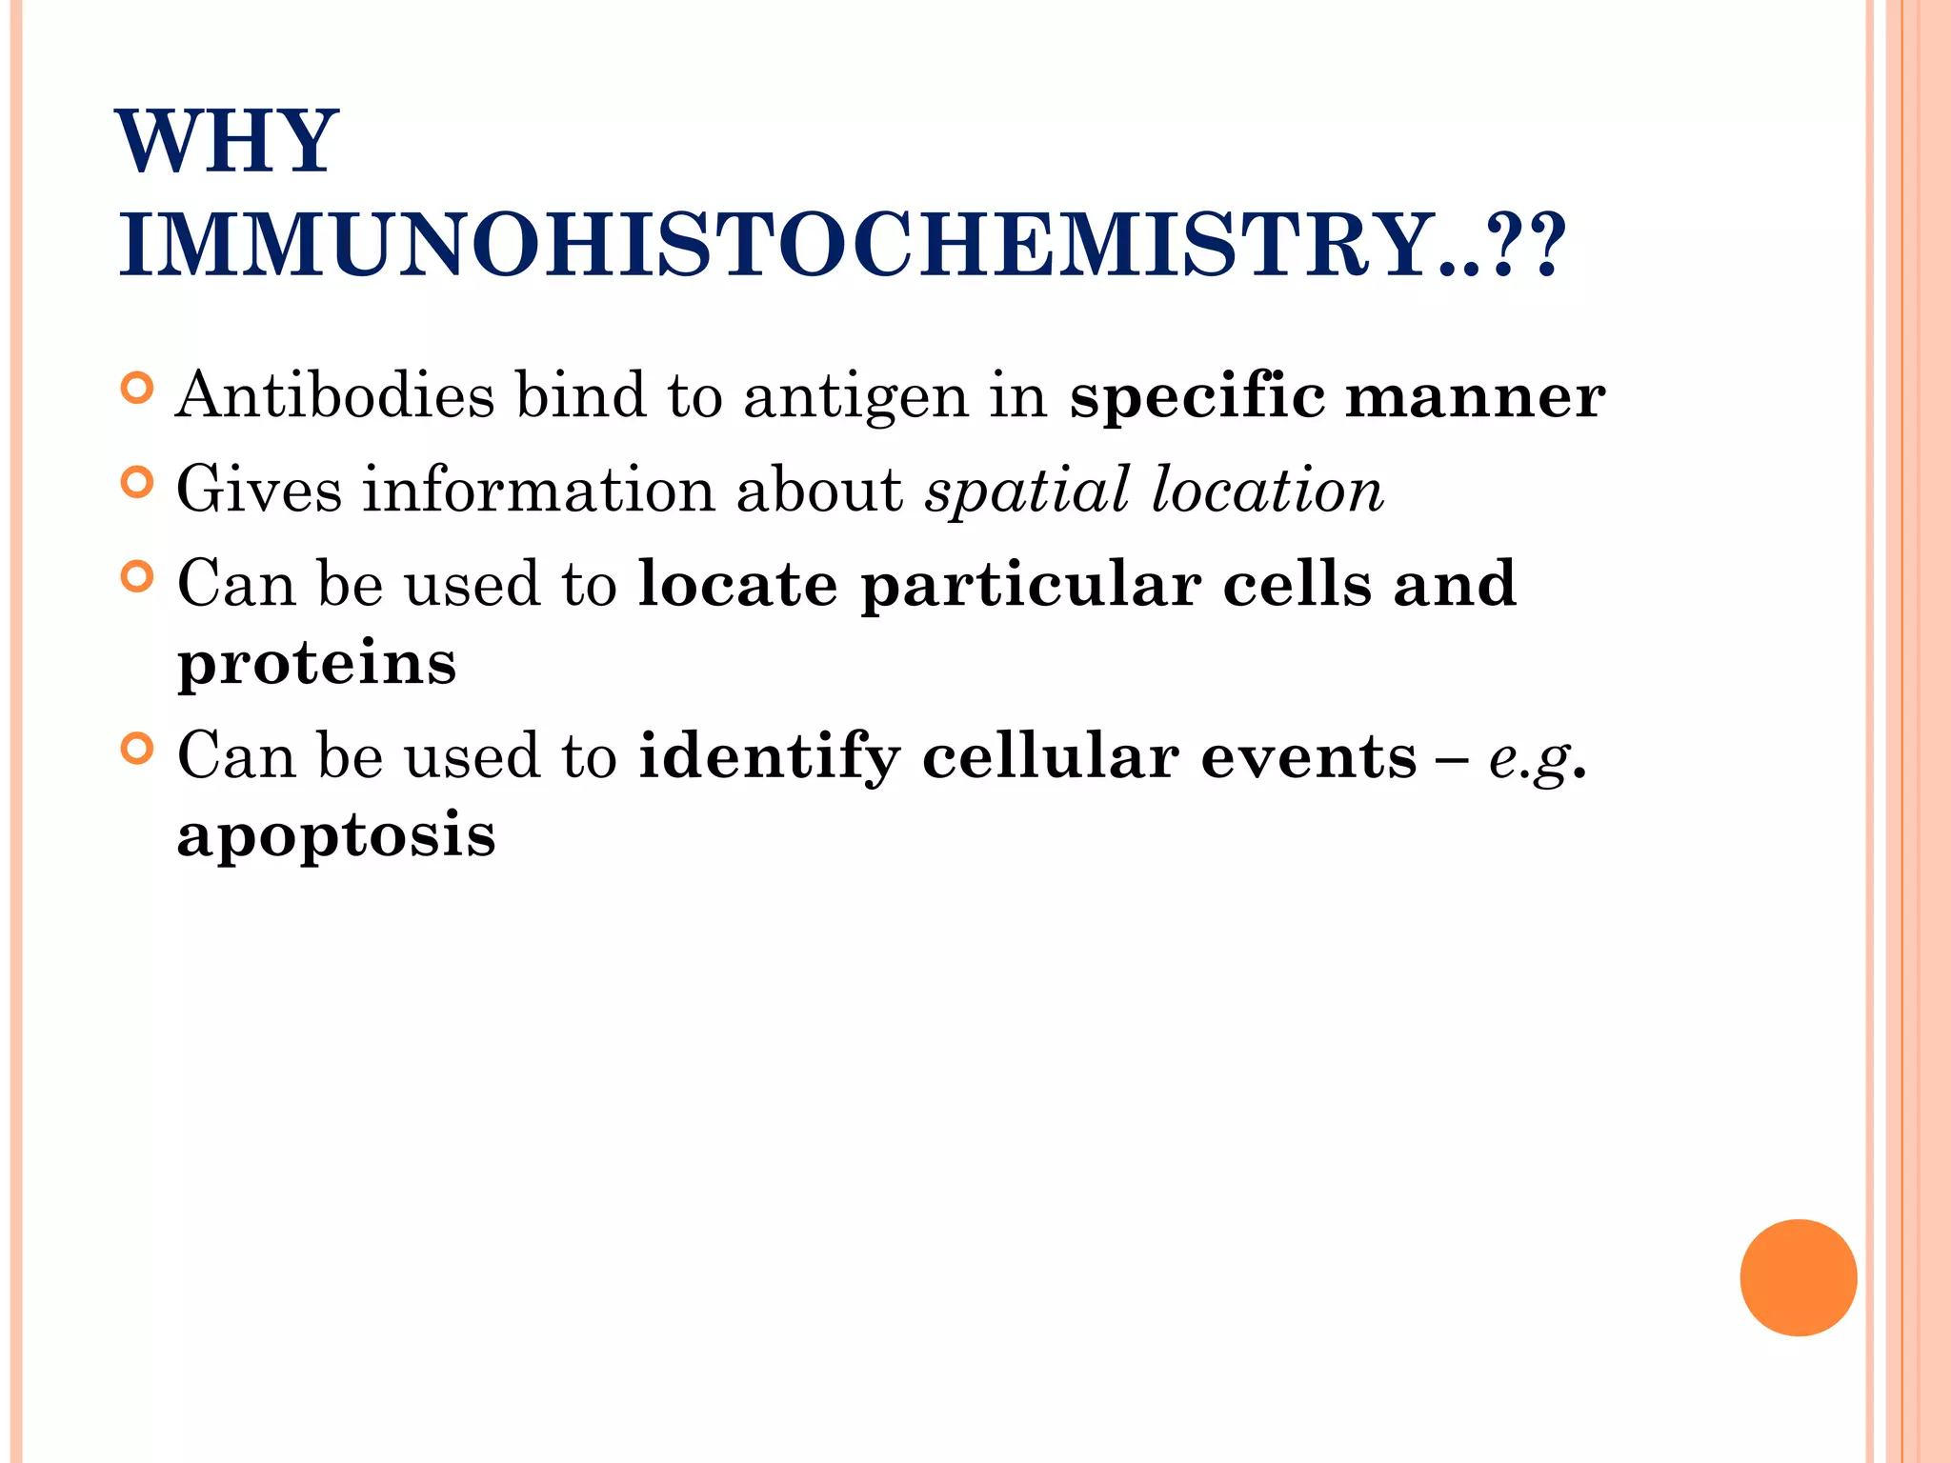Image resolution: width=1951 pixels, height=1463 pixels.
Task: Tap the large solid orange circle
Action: coord(1798,1277)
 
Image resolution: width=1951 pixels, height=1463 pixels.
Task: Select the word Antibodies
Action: coord(335,394)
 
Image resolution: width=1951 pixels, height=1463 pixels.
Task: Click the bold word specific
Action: coord(1197,394)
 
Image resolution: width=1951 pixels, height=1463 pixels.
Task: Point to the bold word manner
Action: coord(1475,396)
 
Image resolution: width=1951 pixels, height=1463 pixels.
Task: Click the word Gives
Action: coord(259,490)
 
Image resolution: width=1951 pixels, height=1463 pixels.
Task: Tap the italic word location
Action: coord(1267,490)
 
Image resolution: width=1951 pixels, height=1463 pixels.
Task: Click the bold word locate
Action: coord(737,584)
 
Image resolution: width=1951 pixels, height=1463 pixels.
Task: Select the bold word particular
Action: coord(1031,586)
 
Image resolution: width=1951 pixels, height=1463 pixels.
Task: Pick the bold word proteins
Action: coord(317,663)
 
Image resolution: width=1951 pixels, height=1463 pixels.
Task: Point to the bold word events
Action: coord(1309,757)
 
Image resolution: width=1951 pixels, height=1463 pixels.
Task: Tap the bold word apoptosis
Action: coord(336,835)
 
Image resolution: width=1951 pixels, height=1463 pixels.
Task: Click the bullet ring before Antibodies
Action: coord(138,389)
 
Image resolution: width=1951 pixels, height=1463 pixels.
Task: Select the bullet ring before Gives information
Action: coord(138,483)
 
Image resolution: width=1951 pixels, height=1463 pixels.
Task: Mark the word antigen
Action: coord(855,396)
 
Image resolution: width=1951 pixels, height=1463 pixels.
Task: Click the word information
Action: coord(539,490)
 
